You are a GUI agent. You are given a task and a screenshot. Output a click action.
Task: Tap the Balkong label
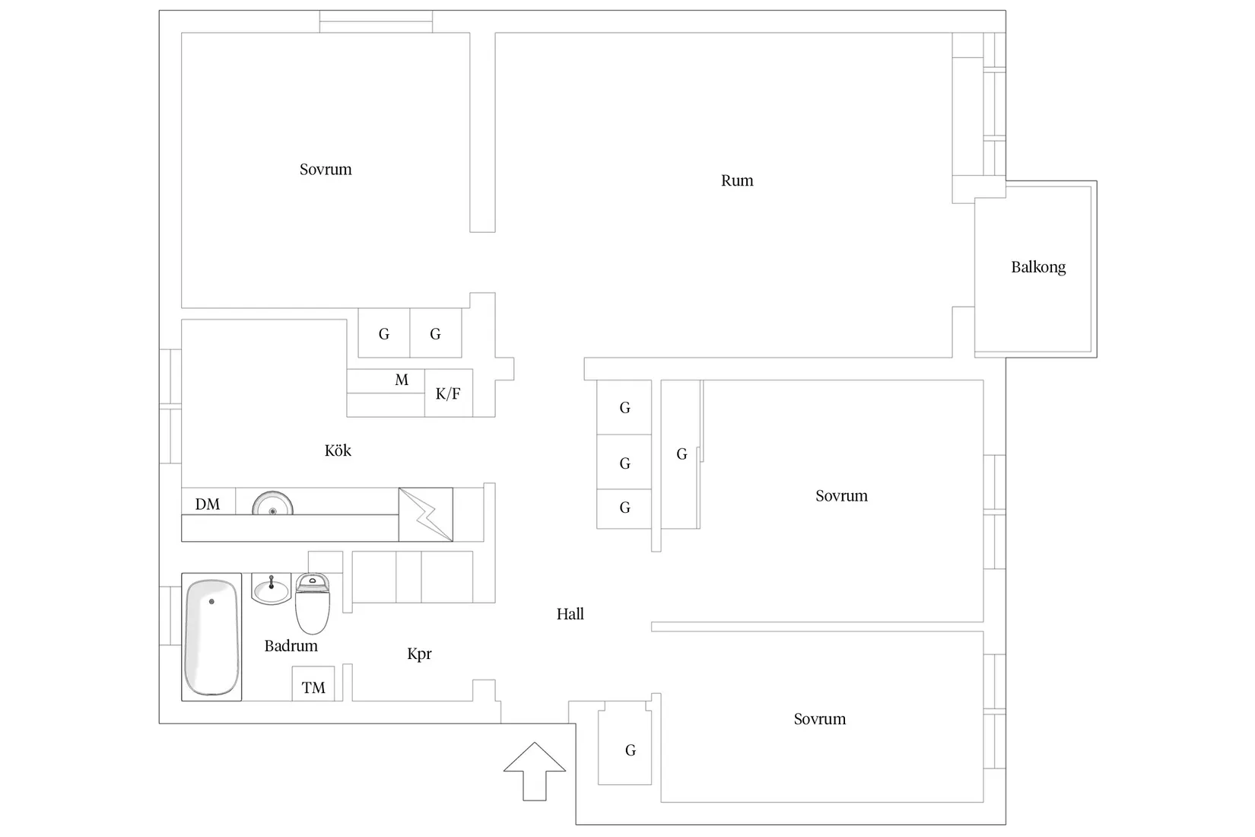(x=1037, y=267)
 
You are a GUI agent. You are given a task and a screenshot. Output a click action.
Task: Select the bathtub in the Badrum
(x=211, y=637)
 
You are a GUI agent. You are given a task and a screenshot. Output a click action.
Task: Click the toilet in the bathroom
(x=312, y=605)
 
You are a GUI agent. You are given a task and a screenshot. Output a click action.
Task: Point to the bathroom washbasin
(x=271, y=589)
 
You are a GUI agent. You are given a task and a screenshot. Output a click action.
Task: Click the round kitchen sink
(x=272, y=504)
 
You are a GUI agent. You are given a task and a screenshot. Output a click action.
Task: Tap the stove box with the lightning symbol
(x=425, y=514)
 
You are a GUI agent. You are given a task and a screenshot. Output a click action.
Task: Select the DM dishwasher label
(x=208, y=504)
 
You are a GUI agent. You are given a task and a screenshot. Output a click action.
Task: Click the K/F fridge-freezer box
(x=448, y=393)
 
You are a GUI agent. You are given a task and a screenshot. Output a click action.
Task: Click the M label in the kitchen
(x=402, y=380)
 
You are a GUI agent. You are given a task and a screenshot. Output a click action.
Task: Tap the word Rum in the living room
(x=737, y=181)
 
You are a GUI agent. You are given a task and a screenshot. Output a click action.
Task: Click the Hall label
(x=570, y=614)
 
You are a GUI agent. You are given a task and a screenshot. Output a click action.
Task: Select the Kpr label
(x=419, y=654)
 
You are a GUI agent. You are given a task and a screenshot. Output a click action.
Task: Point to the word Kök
(x=338, y=450)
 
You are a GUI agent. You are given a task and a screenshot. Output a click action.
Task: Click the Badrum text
(x=291, y=646)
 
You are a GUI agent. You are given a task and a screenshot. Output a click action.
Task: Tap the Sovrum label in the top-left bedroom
(x=326, y=170)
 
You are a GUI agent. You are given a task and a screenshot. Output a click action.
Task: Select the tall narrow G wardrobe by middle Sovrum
(x=681, y=454)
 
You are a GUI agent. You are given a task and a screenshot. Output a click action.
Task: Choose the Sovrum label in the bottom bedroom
(x=819, y=719)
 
